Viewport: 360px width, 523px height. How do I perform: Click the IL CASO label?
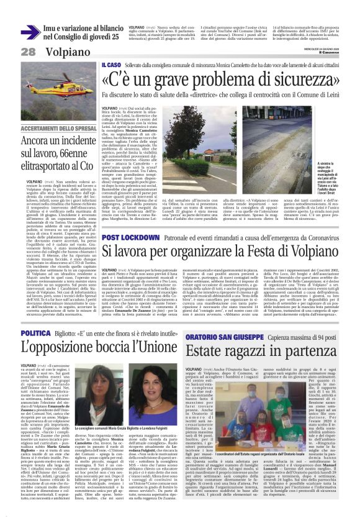tap(111, 65)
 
